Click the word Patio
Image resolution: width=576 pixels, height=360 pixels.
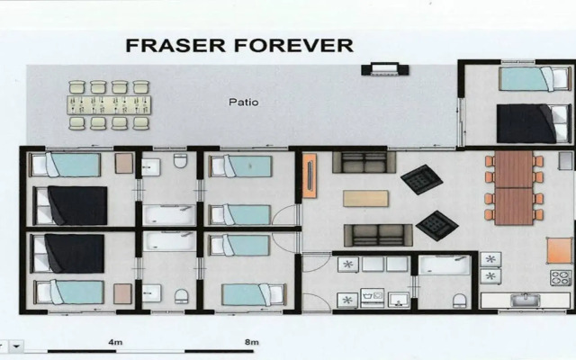(x=244, y=102)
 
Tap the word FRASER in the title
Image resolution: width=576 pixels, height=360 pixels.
(x=175, y=45)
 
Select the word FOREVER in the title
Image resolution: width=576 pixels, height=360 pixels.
(x=294, y=45)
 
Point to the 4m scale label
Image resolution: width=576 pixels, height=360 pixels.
(x=115, y=342)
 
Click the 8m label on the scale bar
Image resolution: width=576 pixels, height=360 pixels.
(x=252, y=342)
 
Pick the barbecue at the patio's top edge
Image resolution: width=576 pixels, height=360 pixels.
(x=384, y=69)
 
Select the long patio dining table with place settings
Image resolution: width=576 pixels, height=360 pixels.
(x=109, y=105)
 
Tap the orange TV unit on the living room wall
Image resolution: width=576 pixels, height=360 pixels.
(x=310, y=175)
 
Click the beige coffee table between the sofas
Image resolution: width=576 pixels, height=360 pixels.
(x=365, y=198)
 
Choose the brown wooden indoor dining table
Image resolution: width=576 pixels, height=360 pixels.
(x=514, y=188)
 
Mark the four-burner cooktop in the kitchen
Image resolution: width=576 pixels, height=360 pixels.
(x=561, y=278)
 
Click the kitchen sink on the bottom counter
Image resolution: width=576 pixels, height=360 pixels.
(x=526, y=300)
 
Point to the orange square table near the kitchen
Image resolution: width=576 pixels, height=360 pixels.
(x=560, y=250)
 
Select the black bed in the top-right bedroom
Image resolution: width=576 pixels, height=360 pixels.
(x=534, y=124)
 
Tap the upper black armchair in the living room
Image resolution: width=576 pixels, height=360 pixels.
(x=422, y=180)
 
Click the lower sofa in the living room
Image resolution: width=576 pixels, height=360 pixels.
(x=378, y=235)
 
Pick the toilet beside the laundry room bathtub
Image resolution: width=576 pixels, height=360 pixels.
(x=460, y=301)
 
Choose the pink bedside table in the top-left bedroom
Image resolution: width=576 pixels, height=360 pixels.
(x=124, y=164)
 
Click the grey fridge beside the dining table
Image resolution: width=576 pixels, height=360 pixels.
(x=565, y=161)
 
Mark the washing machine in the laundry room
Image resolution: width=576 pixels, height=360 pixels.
(x=373, y=298)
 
